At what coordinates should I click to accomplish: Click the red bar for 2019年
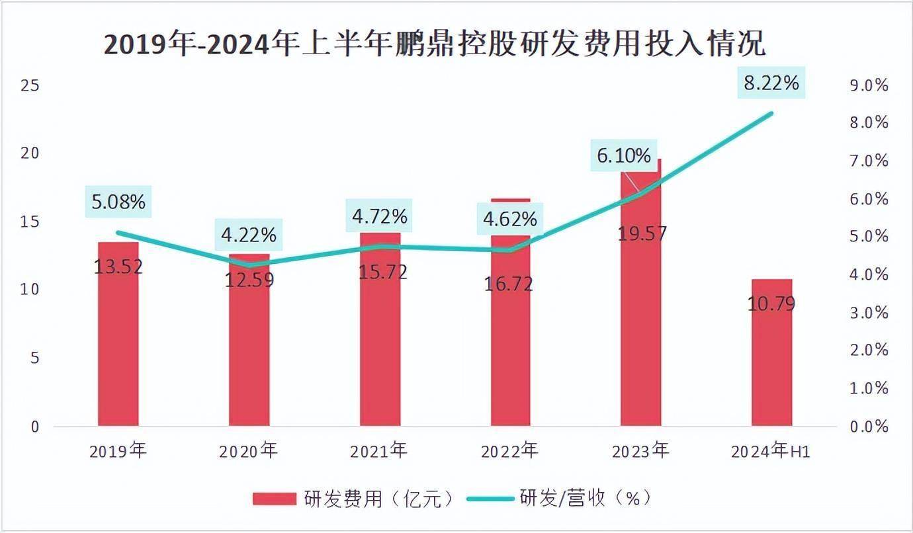pyautogui.click(x=118, y=344)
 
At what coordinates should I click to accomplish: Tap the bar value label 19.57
pyautogui.click(x=642, y=233)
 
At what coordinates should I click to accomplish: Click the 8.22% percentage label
pyautogui.click(x=771, y=83)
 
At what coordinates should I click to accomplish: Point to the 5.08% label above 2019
pyautogui.click(x=118, y=202)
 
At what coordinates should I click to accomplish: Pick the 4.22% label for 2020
pyautogui.click(x=249, y=234)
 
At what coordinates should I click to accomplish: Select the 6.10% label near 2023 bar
pyautogui.click(x=624, y=156)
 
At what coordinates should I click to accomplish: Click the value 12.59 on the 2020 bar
pyautogui.click(x=249, y=280)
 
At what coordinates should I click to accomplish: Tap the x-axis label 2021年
pyautogui.click(x=379, y=451)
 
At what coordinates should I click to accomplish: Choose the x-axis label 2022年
pyautogui.click(x=509, y=451)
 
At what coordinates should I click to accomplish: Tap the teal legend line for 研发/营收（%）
pyautogui.click(x=490, y=498)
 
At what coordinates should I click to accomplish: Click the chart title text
pyautogui.click(x=435, y=44)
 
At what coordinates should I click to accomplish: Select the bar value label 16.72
pyautogui.click(x=508, y=284)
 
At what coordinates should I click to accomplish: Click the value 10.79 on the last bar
pyautogui.click(x=771, y=304)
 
